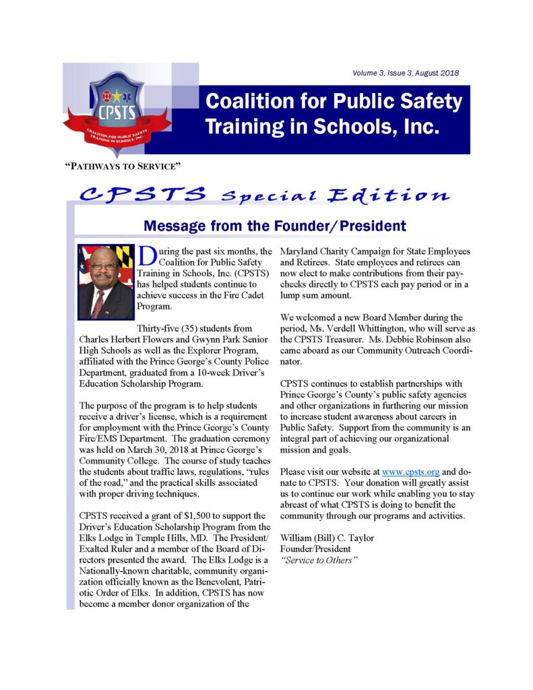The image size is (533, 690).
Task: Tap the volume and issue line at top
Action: [x=406, y=73]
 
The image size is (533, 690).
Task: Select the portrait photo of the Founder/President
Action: [x=106, y=281]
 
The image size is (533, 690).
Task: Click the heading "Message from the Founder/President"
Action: [x=274, y=226]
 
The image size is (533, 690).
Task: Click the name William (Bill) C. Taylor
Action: [x=327, y=538]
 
